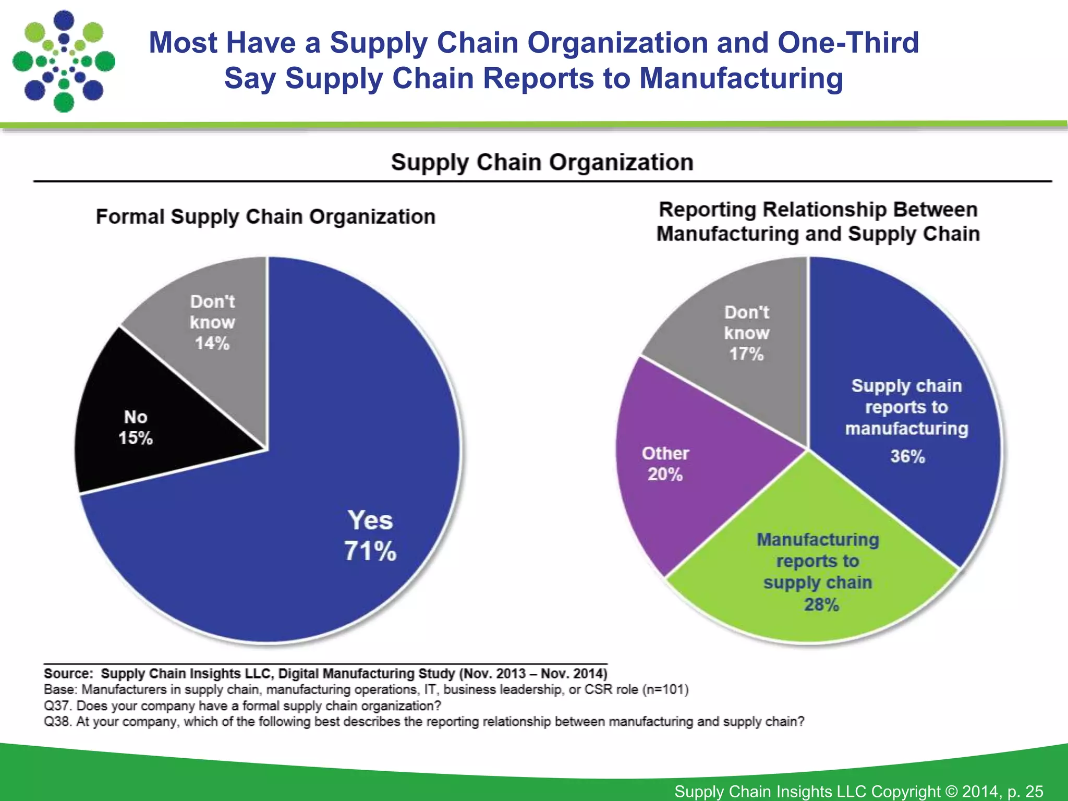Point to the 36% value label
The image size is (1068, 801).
click(x=907, y=456)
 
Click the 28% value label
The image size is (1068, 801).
click(x=821, y=604)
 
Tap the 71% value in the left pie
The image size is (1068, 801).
click(x=370, y=551)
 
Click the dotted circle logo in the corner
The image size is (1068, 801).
click(x=64, y=61)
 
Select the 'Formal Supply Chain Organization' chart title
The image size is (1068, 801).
click(x=265, y=216)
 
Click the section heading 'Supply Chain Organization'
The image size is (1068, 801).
click(x=542, y=162)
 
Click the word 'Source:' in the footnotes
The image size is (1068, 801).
click(x=68, y=673)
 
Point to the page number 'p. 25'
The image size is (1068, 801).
click(x=1025, y=791)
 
